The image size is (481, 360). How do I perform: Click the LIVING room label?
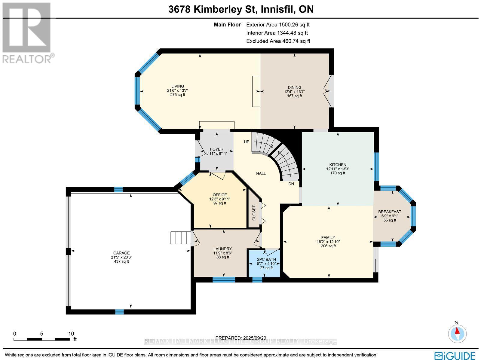pyautogui.click(x=178, y=86)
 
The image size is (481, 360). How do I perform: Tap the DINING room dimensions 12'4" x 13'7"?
pyautogui.click(x=295, y=92)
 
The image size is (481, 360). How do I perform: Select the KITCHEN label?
pyautogui.click(x=338, y=165)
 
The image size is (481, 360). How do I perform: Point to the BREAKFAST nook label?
pyautogui.click(x=390, y=212)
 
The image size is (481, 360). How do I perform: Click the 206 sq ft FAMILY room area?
pyautogui.click(x=328, y=246)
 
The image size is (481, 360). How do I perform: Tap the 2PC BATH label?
pyautogui.click(x=265, y=259)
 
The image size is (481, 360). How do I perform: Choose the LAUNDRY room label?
pyautogui.click(x=222, y=249)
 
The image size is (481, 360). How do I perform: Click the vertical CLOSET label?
pyautogui.click(x=254, y=213)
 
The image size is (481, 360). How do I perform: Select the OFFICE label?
pyautogui.click(x=220, y=195)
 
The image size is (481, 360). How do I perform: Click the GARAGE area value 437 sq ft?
pyautogui.click(x=121, y=261)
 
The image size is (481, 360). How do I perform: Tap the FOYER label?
pyautogui.click(x=216, y=149)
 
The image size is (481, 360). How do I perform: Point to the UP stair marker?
pyautogui.click(x=247, y=142)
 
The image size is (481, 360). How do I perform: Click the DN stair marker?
pyautogui.click(x=291, y=184)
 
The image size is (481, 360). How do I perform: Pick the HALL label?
pyautogui.click(x=261, y=173)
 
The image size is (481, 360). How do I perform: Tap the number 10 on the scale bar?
pyautogui.click(x=71, y=334)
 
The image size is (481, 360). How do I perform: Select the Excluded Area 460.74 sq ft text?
pyautogui.click(x=278, y=41)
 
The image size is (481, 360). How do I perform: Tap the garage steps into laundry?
pyautogui.click(x=181, y=238)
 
